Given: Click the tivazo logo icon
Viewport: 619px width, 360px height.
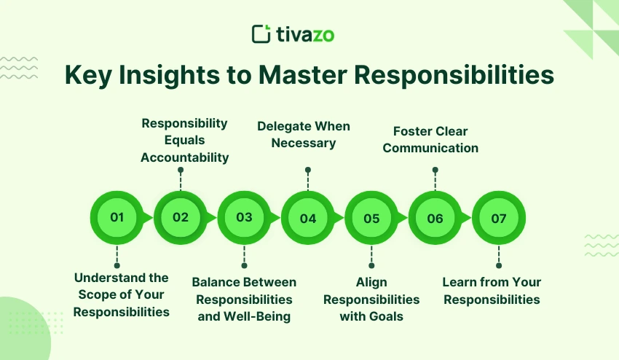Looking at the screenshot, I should pos(261,34).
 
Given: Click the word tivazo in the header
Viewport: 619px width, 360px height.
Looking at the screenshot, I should pos(304,34).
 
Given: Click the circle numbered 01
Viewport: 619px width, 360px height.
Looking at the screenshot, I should pos(117,217).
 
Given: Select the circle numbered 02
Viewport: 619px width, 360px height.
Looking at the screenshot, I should pos(181,217).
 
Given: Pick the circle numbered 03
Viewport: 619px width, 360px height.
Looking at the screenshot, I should pos(244,217).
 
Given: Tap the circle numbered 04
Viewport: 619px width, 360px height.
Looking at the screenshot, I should pos(308,217).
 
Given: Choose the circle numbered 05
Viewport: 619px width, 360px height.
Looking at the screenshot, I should pos(371,217).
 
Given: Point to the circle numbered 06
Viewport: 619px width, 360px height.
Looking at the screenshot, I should pos(435,217).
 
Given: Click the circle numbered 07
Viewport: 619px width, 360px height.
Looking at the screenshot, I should pos(499,217).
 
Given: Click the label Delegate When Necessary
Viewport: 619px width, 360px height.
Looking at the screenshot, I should pos(304,134).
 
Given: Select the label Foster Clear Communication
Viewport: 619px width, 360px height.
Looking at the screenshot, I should pos(430,139).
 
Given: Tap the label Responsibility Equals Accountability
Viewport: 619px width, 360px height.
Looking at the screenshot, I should pos(184,140).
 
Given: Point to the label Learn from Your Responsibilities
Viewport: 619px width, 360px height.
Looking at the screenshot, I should pos(492,291).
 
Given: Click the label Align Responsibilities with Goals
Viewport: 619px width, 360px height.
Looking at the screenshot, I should pos(371,299).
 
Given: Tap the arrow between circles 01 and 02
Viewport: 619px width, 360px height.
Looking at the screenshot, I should pos(149,217).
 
